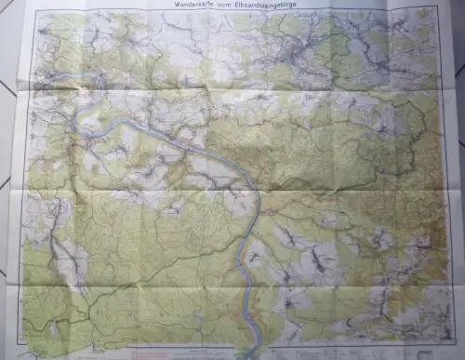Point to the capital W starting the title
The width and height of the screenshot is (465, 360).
click(165, 5)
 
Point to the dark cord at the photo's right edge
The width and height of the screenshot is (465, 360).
click(461, 186)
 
